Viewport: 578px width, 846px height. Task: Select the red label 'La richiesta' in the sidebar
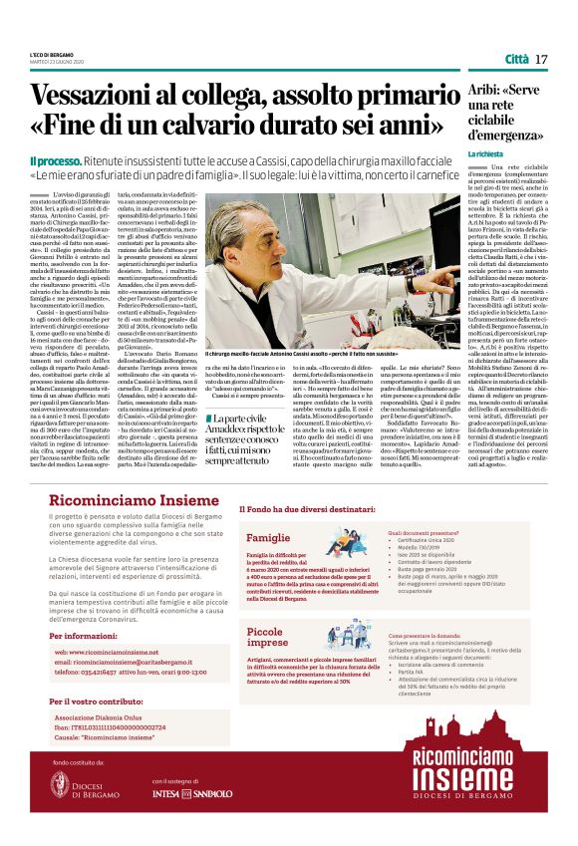pyautogui.click(x=487, y=154)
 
